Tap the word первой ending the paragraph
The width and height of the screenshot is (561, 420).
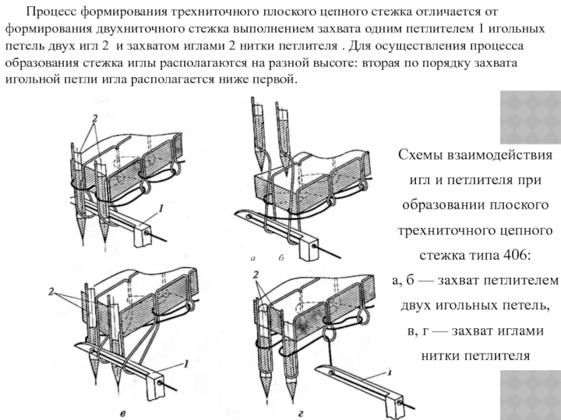click(277, 80)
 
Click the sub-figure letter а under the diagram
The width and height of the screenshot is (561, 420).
click(253, 259)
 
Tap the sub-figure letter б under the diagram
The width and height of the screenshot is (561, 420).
click(280, 259)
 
